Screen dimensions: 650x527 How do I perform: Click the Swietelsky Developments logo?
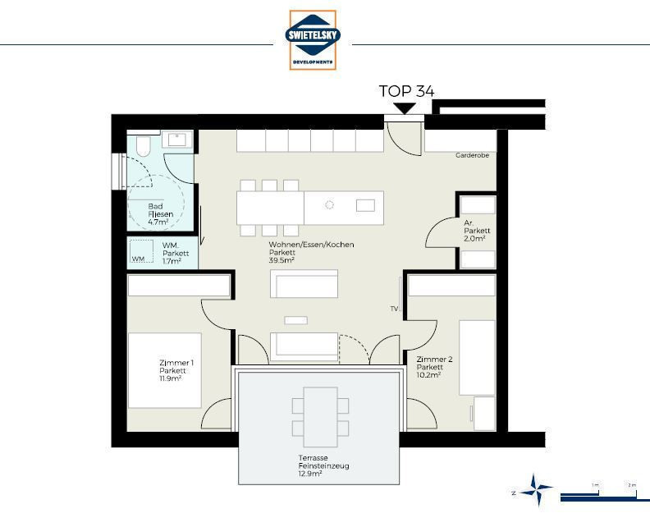[313, 40]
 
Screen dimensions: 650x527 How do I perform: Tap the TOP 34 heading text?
[407, 91]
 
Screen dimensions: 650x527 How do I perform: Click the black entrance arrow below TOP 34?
[405, 108]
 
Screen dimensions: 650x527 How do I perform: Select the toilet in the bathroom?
[143, 145]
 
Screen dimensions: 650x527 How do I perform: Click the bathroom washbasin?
[177, 140]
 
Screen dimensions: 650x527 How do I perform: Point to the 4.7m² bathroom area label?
[158, 222]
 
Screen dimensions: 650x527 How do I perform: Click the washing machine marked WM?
[141, 252]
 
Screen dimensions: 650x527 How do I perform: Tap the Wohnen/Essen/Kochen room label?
[311, 245]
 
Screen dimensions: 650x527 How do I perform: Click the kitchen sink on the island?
[365, 205]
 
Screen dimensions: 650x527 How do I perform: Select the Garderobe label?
[472, 155]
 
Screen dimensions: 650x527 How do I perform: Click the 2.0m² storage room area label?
[474, 238]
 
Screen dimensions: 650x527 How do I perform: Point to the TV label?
[394, 309]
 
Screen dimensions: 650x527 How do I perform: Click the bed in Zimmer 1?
[165, 370]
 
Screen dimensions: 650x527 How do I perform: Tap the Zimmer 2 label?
[434, 359]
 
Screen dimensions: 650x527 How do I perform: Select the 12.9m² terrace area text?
[310, 474]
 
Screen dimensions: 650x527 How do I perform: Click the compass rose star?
[537, 490]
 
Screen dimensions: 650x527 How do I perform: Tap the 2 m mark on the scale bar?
[632, 484]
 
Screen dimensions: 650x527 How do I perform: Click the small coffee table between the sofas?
[296, 320]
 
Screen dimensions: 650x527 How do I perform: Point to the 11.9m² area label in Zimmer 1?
[171, 378]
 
